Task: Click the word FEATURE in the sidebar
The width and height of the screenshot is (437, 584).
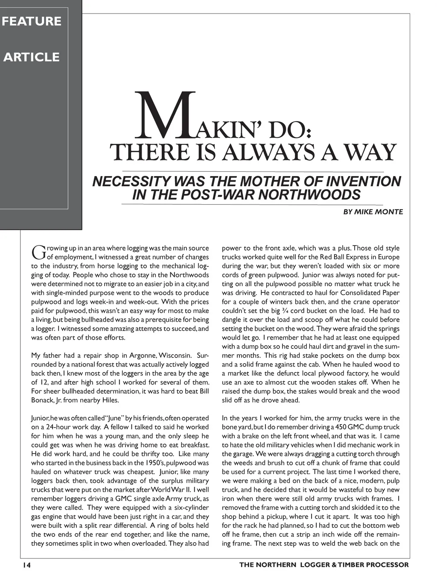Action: [32, 21]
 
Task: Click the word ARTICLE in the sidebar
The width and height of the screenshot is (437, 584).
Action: [32, 57]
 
